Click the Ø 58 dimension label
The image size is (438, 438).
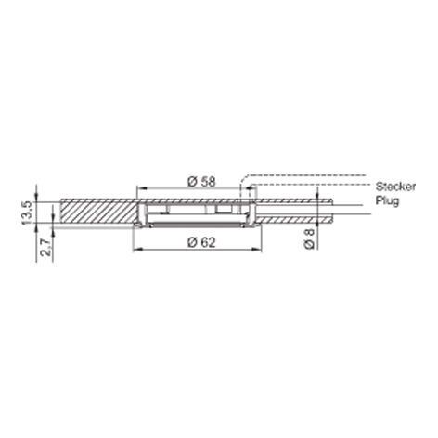click(201, 181)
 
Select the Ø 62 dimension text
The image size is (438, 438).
click(201, 242)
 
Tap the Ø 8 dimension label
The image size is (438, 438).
click(309, 238)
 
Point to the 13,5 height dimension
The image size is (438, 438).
click(26, 213)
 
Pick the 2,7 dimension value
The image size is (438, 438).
click(45, 247)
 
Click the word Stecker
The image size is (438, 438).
click(395, 187)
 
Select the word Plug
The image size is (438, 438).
click(387, 200)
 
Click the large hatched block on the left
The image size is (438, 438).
click(98, 211)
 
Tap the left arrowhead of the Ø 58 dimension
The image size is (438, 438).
click(141, 187)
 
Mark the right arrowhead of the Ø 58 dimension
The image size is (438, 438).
click(249, 187)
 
